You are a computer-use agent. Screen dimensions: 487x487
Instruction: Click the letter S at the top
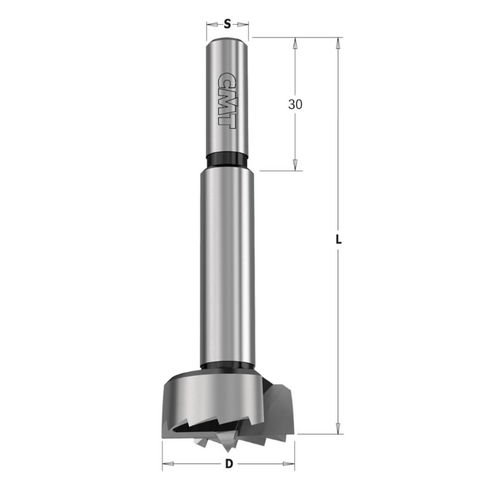pyautogui.click(x=227, y=24)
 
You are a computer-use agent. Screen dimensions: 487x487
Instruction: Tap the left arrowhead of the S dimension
pyautogui.click(x=210, y=24)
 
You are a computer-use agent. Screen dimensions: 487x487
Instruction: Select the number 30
pyautogui.click(x=295, y=105)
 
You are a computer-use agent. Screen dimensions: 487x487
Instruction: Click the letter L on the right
pyautogui.click(x=339, y=239)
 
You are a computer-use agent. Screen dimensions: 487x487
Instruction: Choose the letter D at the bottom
pyautogui.click(x=228, y=464)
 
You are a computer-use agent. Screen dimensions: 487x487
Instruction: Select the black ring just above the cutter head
pyautogui.click(x=228, y=366)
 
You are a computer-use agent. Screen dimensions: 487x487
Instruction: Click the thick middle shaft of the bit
pyautogui.click(x=228, y=266)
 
